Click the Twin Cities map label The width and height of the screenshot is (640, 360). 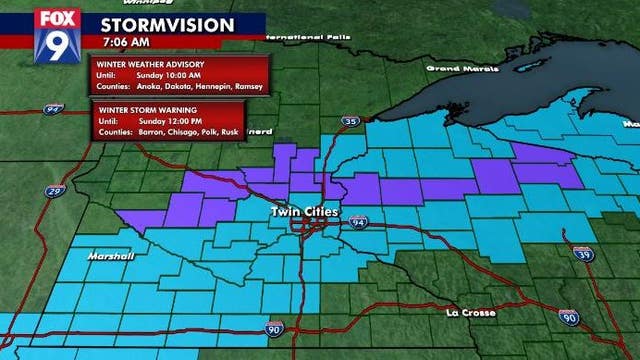click(x=304, y=213)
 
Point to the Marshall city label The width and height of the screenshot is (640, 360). click(x=110, y=257)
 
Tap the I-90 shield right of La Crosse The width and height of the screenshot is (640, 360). click(x=569, y=317)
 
